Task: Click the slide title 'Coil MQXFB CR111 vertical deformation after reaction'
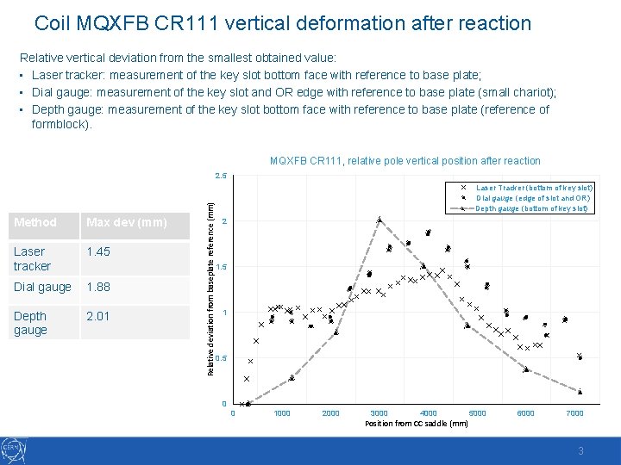click(283, 23)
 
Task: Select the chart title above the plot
click(405, 161)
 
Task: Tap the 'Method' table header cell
click(35, 222)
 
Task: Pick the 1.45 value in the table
click(97, 251)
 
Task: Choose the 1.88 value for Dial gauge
click(97, 287)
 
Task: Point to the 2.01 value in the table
click(97, 316)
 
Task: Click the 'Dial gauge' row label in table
click(42, 287)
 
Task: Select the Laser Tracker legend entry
click(534, 187)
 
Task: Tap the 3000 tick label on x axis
click(379, 413)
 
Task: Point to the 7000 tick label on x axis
click(574, 413)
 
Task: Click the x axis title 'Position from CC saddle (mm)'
click(417, 424)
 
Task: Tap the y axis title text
click(210, 282)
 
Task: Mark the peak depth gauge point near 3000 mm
click(379, 220)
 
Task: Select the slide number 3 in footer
click(581, 450)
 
